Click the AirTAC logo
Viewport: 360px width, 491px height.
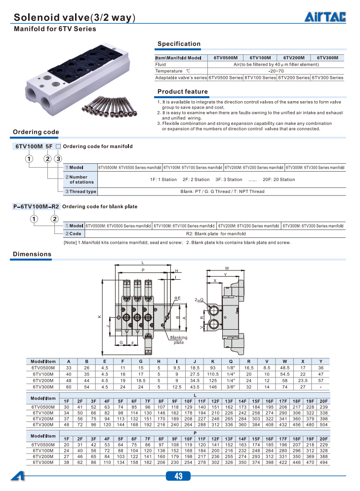tap(324, 18)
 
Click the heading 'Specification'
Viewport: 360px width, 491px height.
tap(179, 44)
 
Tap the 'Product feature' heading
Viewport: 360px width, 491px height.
tap(182, 92)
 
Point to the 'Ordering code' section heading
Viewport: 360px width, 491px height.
tap(36, 132)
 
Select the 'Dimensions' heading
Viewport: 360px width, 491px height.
tap(32, 254)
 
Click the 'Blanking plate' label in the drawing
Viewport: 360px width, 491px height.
tap(179, 340)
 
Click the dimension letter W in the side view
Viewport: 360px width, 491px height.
tap(227, 268)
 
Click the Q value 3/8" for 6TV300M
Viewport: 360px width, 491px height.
tap(231, 387)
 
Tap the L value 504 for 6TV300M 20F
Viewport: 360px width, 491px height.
tap(323, 424)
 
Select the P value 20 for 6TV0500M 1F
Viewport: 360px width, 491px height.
tap(67, 445)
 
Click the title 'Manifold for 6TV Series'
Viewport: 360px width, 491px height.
tap(55, 29)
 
